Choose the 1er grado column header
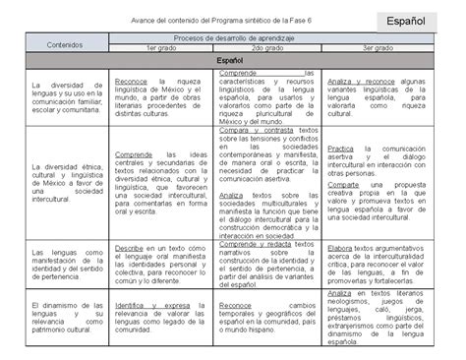point(161,47)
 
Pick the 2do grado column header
point(268,47)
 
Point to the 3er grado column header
point(379,47)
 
